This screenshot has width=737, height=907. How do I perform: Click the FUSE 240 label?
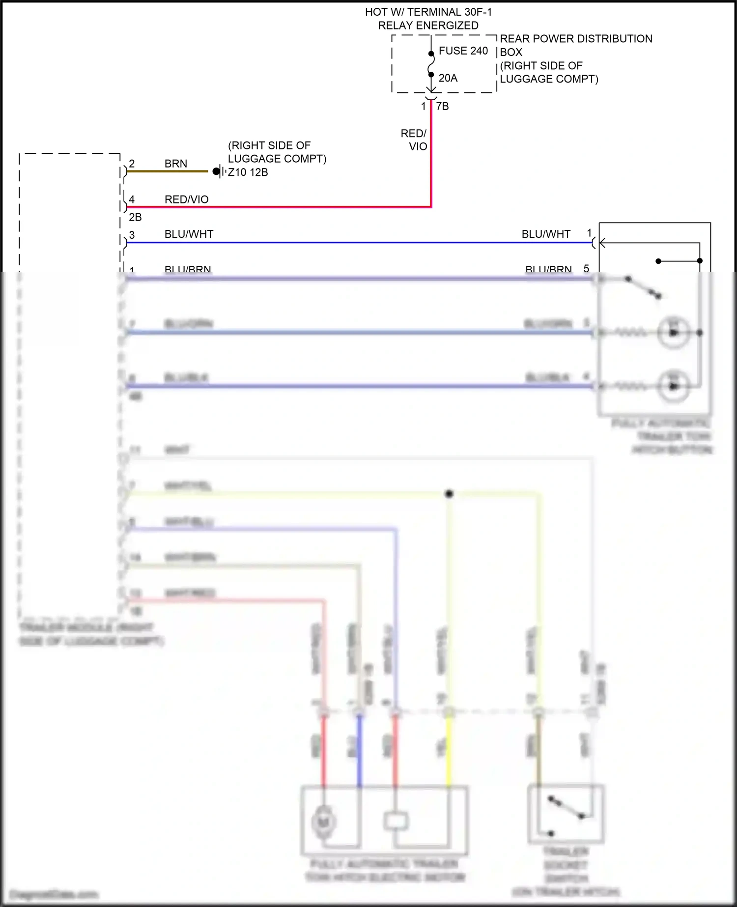[x=463, y=51]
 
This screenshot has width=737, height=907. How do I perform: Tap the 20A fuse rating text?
[x=448, y=78]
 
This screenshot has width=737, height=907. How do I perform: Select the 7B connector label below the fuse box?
[x=442, y=107]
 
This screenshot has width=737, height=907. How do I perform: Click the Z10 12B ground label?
[x=248, y=172]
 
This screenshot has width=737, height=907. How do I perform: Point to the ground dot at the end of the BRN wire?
[x=216, y=171]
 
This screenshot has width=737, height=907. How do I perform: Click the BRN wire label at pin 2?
[x=175, y=164]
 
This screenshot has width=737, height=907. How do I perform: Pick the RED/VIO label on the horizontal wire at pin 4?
[x=186, y=199]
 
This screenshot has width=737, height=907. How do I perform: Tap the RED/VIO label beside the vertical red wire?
[x=414, y=140]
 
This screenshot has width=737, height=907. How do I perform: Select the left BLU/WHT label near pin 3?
[x=189, y=234]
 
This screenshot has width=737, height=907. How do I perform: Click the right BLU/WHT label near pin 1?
[x=545, y=234]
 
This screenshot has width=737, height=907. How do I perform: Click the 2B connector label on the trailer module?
[x=135, y=217]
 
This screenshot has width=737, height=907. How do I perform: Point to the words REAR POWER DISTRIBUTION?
[x=576, y=39]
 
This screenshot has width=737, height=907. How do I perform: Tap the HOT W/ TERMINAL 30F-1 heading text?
[x=428, y=12]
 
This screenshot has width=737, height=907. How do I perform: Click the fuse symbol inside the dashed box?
[x=431, y=64]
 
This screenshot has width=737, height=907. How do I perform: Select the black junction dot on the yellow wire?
[x=449, y=494]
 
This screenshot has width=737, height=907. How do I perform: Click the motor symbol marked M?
[x=323, y=821]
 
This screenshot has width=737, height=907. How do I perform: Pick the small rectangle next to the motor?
[x=396, y=821]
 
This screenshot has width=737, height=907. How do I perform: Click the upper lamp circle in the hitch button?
[x=673, y=333]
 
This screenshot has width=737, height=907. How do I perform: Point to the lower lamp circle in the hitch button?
[x=673, y=386]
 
